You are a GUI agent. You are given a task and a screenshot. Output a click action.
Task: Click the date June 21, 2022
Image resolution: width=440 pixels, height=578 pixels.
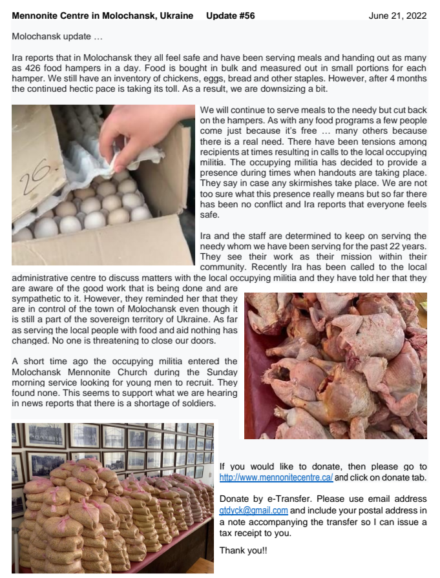(397, 16)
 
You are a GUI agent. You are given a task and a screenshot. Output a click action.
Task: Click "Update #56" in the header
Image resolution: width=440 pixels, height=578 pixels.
(231, 16)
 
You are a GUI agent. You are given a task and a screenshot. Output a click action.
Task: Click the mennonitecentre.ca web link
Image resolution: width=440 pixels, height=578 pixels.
(277, 477)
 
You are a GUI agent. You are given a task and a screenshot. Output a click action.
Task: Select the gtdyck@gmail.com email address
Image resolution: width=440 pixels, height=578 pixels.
(253, 511)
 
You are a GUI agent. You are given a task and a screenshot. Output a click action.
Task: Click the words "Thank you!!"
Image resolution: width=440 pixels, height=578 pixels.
(244, 550)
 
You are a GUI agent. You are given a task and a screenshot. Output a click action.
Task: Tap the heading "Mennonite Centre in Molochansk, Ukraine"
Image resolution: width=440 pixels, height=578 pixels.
(103, 16)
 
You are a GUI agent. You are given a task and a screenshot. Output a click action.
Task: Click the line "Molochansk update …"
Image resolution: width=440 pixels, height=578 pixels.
(57, 37)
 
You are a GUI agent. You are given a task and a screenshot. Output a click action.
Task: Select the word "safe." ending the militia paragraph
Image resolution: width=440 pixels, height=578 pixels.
(209, 215)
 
